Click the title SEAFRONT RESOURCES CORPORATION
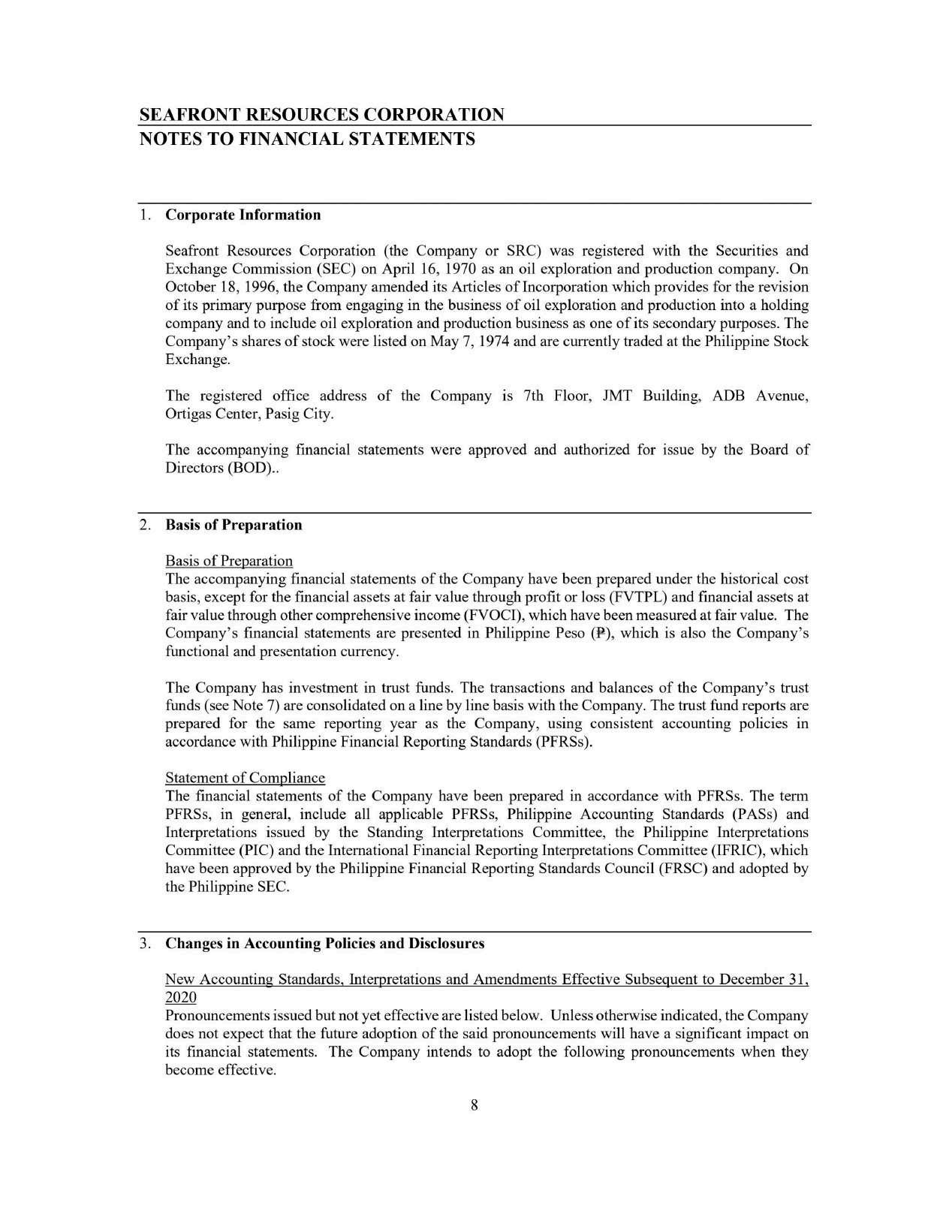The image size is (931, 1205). pyautogui.click(x=322, y=114)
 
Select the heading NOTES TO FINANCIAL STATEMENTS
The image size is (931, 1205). pyautogui.click(x=307, y=139)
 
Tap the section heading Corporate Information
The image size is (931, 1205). pyautogui.click(x=243, y=215)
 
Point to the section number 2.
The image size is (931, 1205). pyautogui.click(x=145, y=526)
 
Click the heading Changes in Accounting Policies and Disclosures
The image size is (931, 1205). pyautogui.click(x=324, y=944)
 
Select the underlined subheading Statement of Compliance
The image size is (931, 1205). pyautogui.click(x=245, y=778)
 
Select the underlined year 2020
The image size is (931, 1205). pyautogui.click(x=180, y=998)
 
